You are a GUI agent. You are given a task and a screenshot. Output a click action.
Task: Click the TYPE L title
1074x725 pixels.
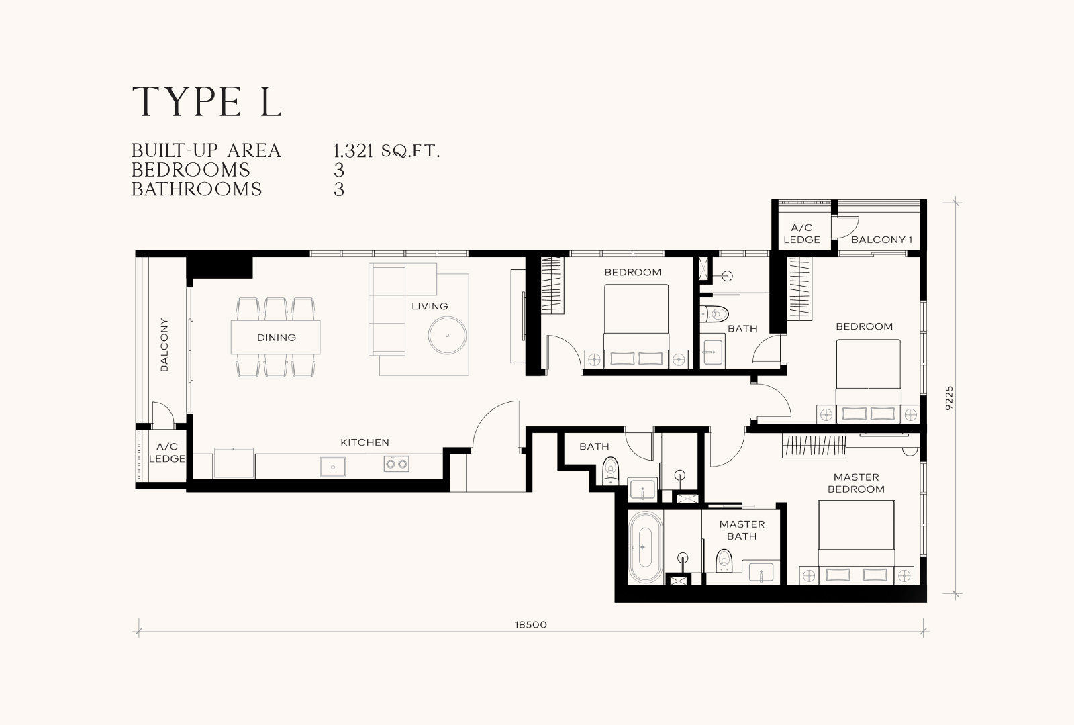click(x=207, y=101)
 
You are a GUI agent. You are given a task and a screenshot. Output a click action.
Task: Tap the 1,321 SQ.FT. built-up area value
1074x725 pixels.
click(x=387, y=151)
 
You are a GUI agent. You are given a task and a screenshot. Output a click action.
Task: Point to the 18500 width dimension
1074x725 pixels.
click(x=531, y=625)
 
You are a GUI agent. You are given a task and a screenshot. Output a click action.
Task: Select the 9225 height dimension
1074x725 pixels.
click(x=949, y=398)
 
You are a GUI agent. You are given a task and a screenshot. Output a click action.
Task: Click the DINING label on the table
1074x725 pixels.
click(x=276, y=338)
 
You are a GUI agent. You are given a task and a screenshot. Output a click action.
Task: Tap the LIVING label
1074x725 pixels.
click(x=430, y=306)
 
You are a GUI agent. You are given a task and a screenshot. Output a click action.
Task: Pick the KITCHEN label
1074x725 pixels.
click(x=364, y=442)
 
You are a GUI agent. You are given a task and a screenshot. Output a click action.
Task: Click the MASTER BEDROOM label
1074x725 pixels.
click(x=856, y=483)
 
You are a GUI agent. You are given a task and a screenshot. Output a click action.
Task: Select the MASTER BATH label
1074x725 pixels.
click(x=742, y=530)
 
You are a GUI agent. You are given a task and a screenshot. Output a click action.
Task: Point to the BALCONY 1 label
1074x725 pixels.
click(x=882, y=239)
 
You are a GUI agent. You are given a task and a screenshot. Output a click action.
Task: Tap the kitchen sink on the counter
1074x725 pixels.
click(x=332, y=467)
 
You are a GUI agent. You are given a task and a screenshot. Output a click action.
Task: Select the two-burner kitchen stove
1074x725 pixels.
click(x=396, y=464)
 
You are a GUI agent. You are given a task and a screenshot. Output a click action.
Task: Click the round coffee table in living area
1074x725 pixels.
click(x=447, y=335)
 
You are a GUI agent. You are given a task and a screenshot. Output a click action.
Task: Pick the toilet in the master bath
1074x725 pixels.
click(x=724, y=561)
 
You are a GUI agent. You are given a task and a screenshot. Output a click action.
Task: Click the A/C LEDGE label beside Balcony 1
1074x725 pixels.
click(x=801, y=234)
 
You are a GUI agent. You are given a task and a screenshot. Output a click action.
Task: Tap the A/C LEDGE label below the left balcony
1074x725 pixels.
click(x=167, y=452)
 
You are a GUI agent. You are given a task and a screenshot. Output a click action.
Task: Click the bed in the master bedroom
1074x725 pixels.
click(x=856, y=542)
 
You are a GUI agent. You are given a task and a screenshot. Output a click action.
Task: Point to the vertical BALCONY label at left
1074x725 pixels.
click(x=164, y=344)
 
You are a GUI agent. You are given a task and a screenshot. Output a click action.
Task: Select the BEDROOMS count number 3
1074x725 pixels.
click(x=339, y=171)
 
